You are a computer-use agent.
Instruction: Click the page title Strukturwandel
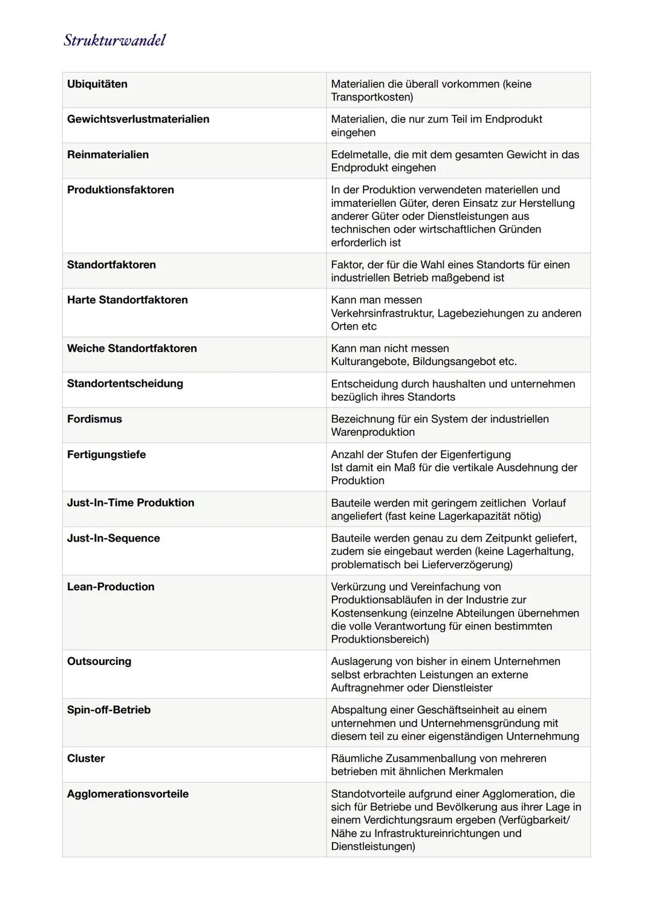point(114,40)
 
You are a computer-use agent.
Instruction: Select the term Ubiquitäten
point(97,84)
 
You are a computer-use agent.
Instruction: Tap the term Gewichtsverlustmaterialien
point(138,119)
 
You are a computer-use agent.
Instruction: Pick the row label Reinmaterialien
point(108,155)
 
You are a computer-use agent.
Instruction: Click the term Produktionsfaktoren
point(120,190)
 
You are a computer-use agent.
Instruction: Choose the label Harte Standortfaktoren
point(127,300)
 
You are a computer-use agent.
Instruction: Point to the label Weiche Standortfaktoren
point(132,348)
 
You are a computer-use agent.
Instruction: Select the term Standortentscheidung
point(125,383)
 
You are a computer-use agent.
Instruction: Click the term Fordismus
point(94,419)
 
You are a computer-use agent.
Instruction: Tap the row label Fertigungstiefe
point(106,455)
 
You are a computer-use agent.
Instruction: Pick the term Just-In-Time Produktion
point(131,503)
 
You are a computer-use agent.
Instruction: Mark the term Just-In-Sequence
point(113,539)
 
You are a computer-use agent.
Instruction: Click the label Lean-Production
point(111,587)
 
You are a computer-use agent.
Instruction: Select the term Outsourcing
point(99,661)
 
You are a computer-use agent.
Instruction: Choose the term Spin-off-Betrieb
point(109,710)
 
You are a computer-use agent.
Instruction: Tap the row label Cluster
point(86,759)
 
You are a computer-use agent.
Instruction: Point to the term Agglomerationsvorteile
point(128,794)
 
